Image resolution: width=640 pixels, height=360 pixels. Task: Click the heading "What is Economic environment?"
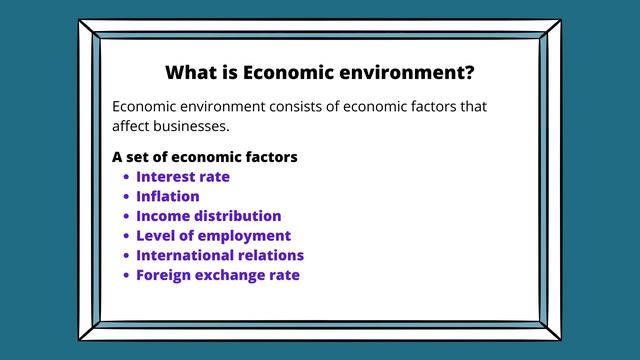point(319,73)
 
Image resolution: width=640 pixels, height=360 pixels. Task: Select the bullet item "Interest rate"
point(183,177)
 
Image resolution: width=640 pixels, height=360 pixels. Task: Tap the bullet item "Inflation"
point(168,196)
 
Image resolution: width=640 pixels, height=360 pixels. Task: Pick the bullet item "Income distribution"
point(209,216)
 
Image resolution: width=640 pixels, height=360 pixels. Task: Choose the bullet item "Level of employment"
point(213,236)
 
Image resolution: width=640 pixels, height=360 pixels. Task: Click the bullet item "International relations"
point(220,255)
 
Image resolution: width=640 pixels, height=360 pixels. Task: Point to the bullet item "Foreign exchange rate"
point(218,275)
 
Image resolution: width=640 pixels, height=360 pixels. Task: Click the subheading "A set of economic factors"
point(205,157)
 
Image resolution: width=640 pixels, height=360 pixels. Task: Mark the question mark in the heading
point(469,73)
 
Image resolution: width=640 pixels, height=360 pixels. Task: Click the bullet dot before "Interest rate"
point(126,178)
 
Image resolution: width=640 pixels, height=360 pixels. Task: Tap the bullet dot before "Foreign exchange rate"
point(126,276)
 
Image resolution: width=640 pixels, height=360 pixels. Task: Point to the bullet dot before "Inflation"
point(126,197)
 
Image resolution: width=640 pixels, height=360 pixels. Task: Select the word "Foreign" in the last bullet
point(164,275)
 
